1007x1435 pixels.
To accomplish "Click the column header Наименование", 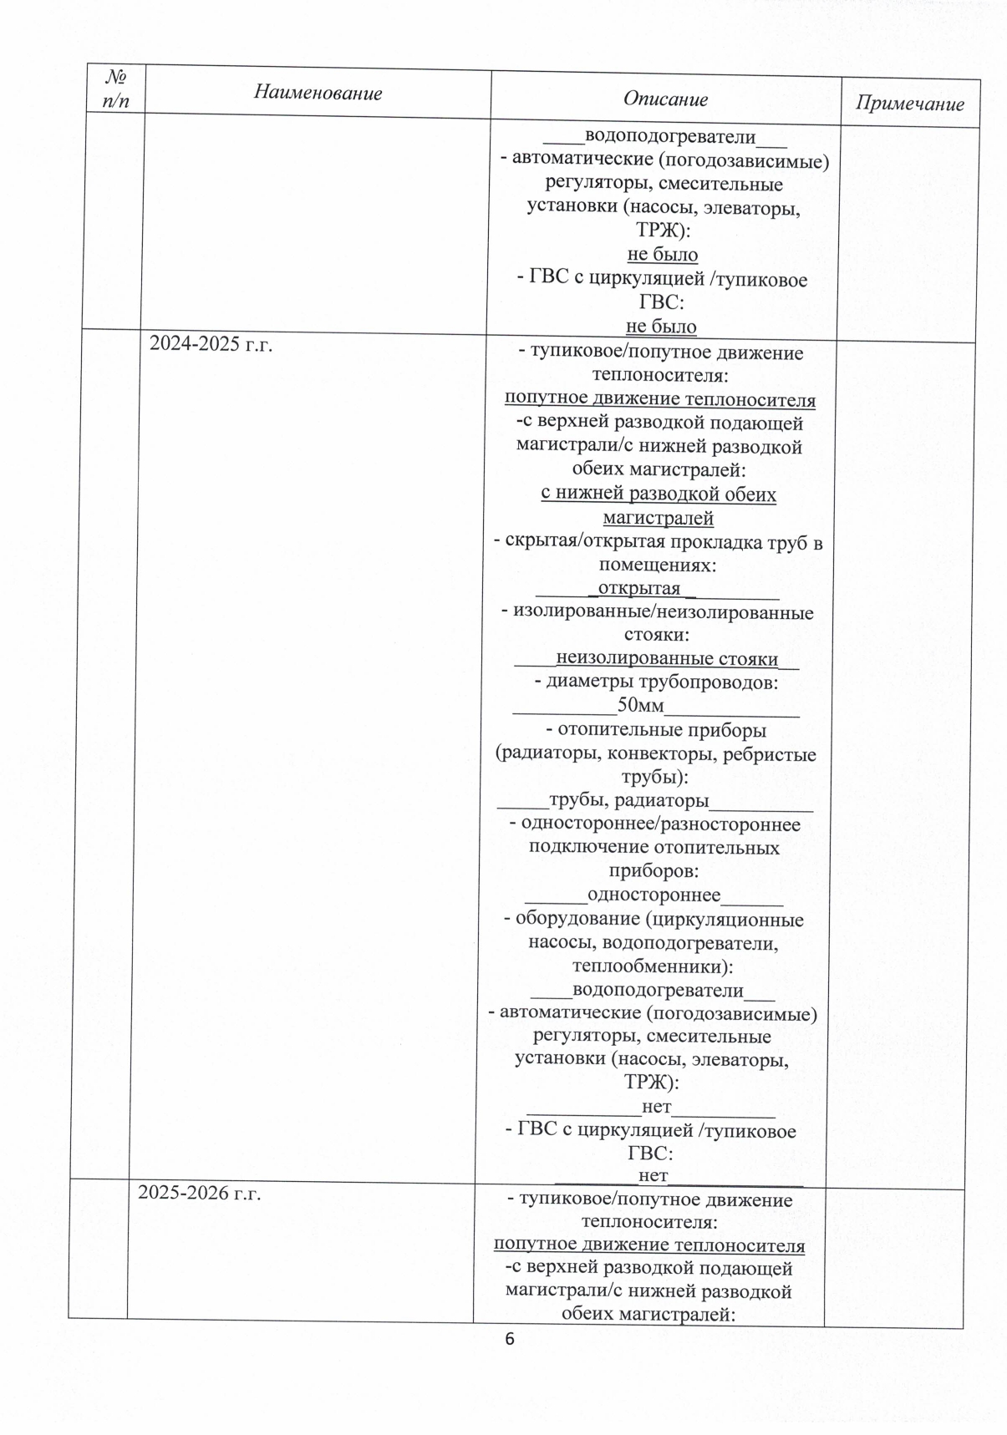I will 318,92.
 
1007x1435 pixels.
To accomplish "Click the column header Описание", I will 665,99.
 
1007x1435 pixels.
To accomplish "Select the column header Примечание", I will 909,104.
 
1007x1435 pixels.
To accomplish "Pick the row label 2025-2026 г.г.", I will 200,1193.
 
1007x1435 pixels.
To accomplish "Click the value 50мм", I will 640,706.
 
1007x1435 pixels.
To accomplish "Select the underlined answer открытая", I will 639,588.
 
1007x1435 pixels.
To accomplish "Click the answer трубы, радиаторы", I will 628,801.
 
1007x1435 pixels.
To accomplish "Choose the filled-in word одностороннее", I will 654,895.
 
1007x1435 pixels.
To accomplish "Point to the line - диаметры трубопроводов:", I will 656,682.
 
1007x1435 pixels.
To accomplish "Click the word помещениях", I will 655,565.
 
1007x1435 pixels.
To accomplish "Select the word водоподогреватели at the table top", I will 670,136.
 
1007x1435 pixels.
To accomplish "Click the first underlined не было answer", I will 662,254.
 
